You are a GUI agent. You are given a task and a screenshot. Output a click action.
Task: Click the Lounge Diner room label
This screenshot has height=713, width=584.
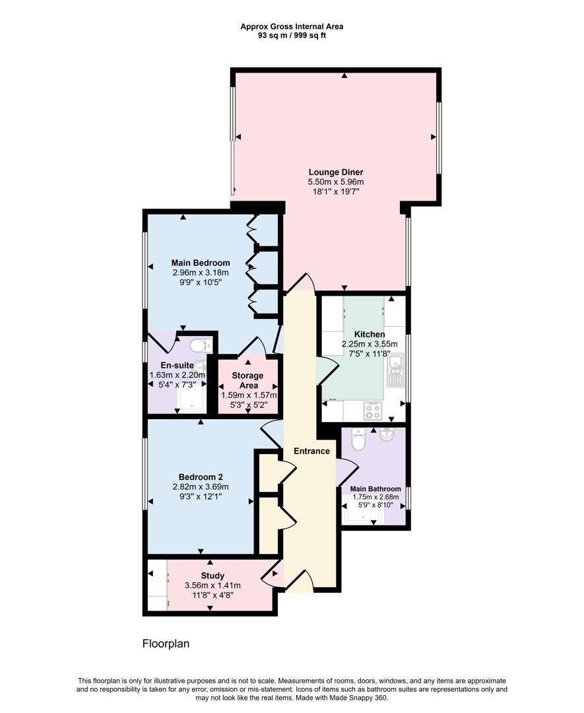[x=335, y=172]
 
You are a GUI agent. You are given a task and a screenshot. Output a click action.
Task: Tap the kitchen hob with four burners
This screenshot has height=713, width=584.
[x=372, y=411]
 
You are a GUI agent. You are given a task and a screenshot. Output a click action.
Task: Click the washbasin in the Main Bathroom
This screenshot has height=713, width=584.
[x=387, y=435]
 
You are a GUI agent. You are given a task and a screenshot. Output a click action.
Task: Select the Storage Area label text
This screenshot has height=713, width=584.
[x=247, y=380]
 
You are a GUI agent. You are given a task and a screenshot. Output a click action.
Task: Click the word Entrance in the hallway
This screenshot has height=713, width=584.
[x=311, y=452]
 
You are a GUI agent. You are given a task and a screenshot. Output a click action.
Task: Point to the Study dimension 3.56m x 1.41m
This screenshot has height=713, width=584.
[x=213, y=586]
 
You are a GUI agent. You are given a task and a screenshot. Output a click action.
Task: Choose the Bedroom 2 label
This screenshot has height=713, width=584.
[x=201, y=477]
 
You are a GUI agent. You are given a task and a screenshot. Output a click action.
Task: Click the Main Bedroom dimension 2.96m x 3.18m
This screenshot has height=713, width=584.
[x=201, y=273]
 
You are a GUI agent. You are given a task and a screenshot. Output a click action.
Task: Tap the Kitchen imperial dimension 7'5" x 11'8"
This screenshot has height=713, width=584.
[x=369, y=353]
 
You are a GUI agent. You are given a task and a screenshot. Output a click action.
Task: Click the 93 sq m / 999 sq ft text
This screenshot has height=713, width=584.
[x=292, y=36]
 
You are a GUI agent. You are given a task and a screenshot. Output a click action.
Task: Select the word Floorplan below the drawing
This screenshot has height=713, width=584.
[x=166, y=644]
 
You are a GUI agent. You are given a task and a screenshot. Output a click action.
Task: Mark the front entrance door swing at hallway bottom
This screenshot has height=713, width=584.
[x=298, y=581]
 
